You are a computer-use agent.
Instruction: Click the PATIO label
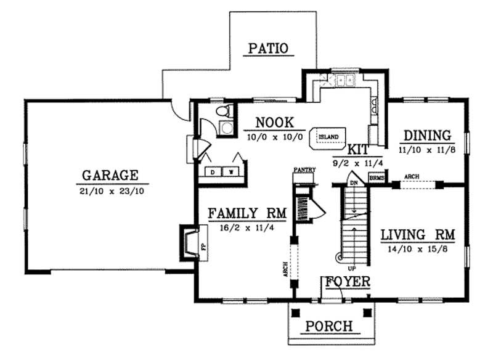click(x=268, y=48)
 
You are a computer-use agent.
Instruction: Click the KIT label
click(x=358, y=149)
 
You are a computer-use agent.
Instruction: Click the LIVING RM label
click(x=417, y=234)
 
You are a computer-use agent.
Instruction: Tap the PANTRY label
click(x=304, y=169)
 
